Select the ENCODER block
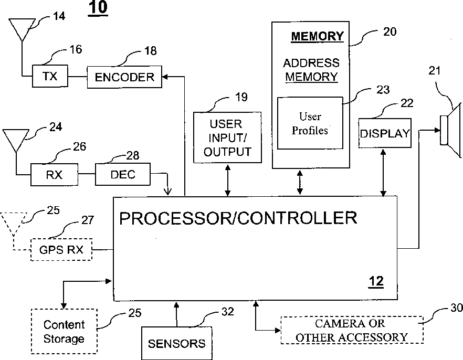pyautogui.click(x=124, y=77)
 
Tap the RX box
pyautogui.click(x=54, y=174)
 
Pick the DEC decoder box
pyautogui.click(x=123, y=174)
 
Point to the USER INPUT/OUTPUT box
pyautogui.click(x=227, y=138)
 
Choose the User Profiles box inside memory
pyautogui.click(x=310, y=123)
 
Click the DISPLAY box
pyautogui.click(x=384, y=133)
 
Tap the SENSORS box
pyautogui.click(x=176, y=344)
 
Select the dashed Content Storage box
pyautogui.click(x=64, y=332)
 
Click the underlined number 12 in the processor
pyautogui.click(x=376, y=282)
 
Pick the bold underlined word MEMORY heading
pyautogui.click(x=317, y=36)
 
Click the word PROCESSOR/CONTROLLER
pyautogui.click(x=238, y=218)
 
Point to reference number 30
pyautogui.click(x=456, y=308)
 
